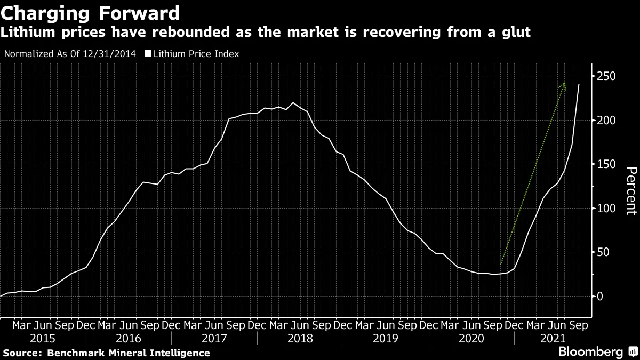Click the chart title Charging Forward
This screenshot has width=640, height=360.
90,11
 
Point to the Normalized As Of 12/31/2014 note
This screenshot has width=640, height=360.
69,54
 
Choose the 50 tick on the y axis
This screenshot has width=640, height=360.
603,252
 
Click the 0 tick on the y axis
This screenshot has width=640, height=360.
600,297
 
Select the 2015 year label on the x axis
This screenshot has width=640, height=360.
43,338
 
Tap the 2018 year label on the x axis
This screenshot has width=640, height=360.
300,338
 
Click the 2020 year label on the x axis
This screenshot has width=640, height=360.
471,338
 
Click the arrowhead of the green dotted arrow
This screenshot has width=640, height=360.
563,85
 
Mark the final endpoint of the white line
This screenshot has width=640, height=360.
579,84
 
